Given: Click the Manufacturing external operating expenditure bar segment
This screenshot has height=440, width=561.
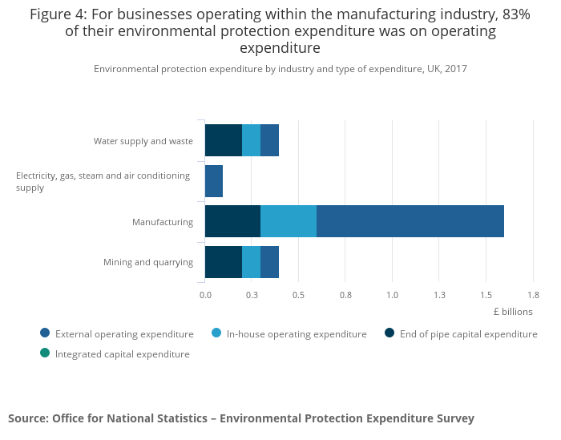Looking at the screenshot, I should [410, 221].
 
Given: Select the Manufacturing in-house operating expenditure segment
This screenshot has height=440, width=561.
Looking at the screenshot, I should [289, 221].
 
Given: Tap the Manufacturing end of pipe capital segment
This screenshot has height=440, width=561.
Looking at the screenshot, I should [232, 221].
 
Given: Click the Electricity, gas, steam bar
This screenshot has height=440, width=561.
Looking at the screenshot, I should [214, 181].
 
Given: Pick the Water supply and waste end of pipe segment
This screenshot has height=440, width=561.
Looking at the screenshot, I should [224, 140].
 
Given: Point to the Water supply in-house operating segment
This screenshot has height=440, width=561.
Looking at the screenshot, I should [251, 140].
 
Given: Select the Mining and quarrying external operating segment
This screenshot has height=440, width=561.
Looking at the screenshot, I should [269, 262].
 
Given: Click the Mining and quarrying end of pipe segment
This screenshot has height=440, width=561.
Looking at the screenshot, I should [224, 262].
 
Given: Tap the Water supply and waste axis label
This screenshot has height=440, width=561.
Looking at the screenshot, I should [143, 141].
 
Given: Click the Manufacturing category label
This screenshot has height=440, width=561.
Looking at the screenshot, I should [163, 222].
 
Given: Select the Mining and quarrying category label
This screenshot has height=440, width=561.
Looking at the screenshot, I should [148, 262].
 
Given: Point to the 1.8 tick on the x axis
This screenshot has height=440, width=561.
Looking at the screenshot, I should [532, 295].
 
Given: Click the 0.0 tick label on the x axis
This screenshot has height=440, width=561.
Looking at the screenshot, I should [205, 295].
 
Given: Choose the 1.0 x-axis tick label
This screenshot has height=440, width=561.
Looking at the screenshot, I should [392, 295].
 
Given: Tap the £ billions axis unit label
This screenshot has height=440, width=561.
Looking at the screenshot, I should [513, 312].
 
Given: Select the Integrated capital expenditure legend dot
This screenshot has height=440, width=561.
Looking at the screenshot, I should [45, 353].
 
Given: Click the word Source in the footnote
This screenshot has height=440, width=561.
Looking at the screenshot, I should [27, 418].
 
